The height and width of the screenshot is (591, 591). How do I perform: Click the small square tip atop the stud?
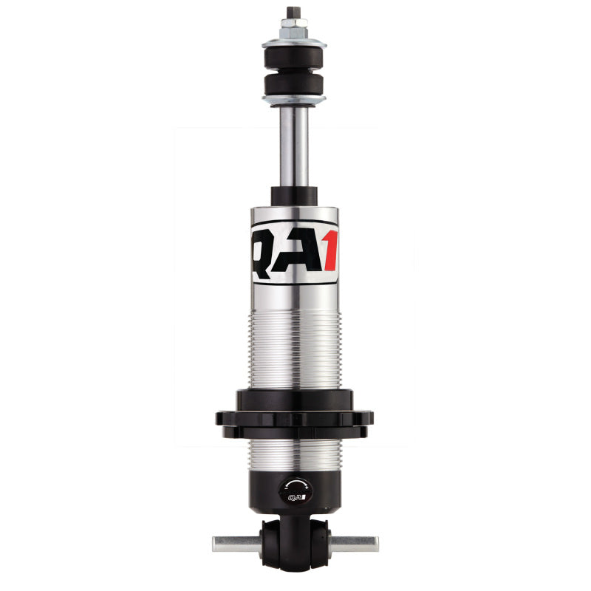point(295,13)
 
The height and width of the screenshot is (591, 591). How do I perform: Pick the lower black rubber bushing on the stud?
point(295,83)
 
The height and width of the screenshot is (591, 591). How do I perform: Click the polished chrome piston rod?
point(295,148)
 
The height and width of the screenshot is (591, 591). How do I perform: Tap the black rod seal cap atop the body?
point(295,196)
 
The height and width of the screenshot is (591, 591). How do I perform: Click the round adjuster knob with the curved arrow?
point(295,490)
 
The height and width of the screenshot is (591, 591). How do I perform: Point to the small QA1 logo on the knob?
point(295,499)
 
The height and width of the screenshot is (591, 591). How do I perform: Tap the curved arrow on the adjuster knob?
point(295,482)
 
